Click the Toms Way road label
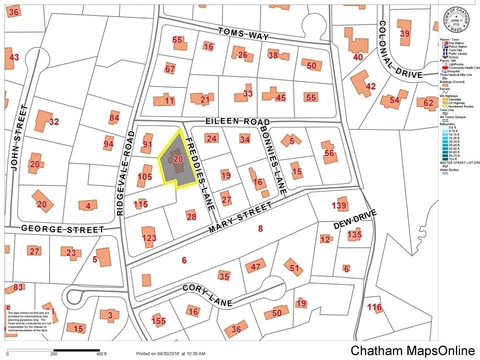point(243,34)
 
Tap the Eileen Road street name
point(237,122)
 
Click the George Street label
point(62,229)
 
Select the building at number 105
point(144,176)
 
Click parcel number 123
point(149,238)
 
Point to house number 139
point(339,205)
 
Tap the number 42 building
point(370,86)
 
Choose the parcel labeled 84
point(114,118)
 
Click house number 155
point(158,321)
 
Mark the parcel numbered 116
point(374,307)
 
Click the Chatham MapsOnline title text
point(412,350)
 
